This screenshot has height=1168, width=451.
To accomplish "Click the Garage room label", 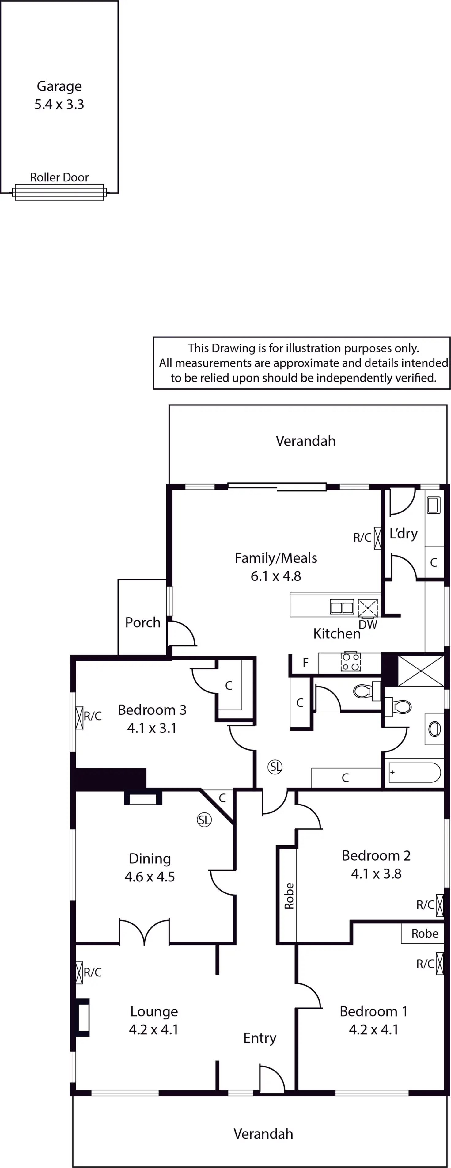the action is [x=59, y=86].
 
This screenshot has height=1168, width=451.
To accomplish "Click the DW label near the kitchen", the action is [x=368, y=625].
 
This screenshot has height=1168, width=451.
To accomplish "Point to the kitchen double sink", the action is [x=342, y=607].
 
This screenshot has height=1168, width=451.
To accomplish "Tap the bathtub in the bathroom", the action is [x=414, y=772].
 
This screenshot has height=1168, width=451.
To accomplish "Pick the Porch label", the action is [x=143, y=622].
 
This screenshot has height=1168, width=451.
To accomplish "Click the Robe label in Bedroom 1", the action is [x=425, y=934].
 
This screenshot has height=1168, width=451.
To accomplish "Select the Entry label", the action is [x=260, y=1038].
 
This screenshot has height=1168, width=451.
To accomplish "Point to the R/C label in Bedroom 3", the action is [x=93, y=716].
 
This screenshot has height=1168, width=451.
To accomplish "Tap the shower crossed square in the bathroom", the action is [x=421, y=671].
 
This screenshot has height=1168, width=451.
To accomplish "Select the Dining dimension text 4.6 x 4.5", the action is [x=150, y=877].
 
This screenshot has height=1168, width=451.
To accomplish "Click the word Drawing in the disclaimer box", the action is [x=233, y=348].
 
